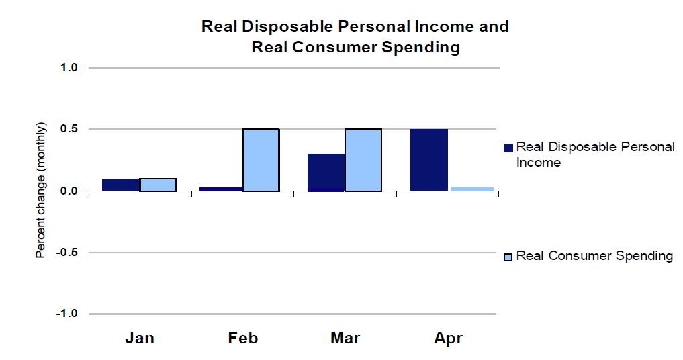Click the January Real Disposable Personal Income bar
120,185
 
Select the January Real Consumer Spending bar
158,185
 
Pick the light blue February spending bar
261,160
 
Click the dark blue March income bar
326,173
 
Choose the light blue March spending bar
363,160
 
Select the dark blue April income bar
428,160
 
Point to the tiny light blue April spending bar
472,189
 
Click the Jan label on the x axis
140,338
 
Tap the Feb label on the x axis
242,338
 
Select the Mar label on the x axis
345,338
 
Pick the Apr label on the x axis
448,338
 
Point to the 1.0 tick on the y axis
70,68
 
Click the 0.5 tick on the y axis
70,129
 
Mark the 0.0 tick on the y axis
70,191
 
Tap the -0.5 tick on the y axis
68,253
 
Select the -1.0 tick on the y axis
68,314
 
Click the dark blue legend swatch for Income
508,148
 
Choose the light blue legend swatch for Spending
508,257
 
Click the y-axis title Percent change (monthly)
41,191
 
